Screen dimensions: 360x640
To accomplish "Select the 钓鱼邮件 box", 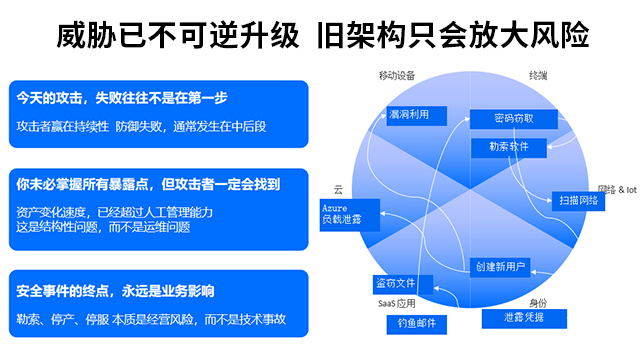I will [415, 324].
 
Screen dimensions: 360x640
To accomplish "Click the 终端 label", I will [537, 77].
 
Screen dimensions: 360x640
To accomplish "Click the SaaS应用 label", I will [396, 302].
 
